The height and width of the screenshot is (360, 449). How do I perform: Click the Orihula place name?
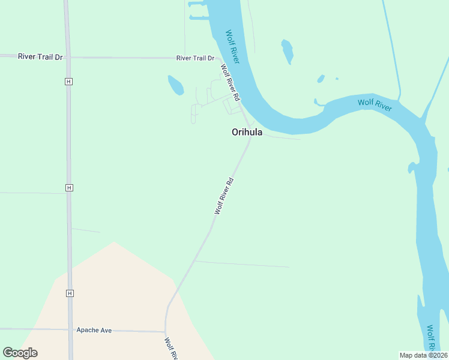(247, 133)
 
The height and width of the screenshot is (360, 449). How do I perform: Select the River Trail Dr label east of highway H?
(195, 58)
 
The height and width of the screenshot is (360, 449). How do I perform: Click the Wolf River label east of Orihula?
(375, 104)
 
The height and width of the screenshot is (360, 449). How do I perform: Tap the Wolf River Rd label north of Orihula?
(230, 82)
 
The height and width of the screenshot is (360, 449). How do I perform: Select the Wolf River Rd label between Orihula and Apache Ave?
(224, 196)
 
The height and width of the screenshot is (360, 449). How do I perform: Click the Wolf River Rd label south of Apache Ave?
(170, 349)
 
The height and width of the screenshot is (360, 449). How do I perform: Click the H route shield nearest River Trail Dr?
(70, 81)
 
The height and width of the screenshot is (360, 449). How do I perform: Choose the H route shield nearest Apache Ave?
(70, 293)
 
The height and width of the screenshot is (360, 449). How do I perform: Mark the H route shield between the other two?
(70, 188)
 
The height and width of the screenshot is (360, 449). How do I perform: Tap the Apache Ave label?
(94, 330)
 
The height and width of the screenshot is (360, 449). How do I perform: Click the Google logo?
(20, 352)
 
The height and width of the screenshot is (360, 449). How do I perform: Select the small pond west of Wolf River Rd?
(176, 85)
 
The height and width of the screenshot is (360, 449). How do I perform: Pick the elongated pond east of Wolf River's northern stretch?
(288, 51)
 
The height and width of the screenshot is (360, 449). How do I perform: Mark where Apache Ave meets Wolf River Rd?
(166, 331)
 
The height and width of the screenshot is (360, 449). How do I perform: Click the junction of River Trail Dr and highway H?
(67, 58)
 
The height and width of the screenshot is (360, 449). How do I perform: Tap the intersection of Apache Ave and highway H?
(70, 329)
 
